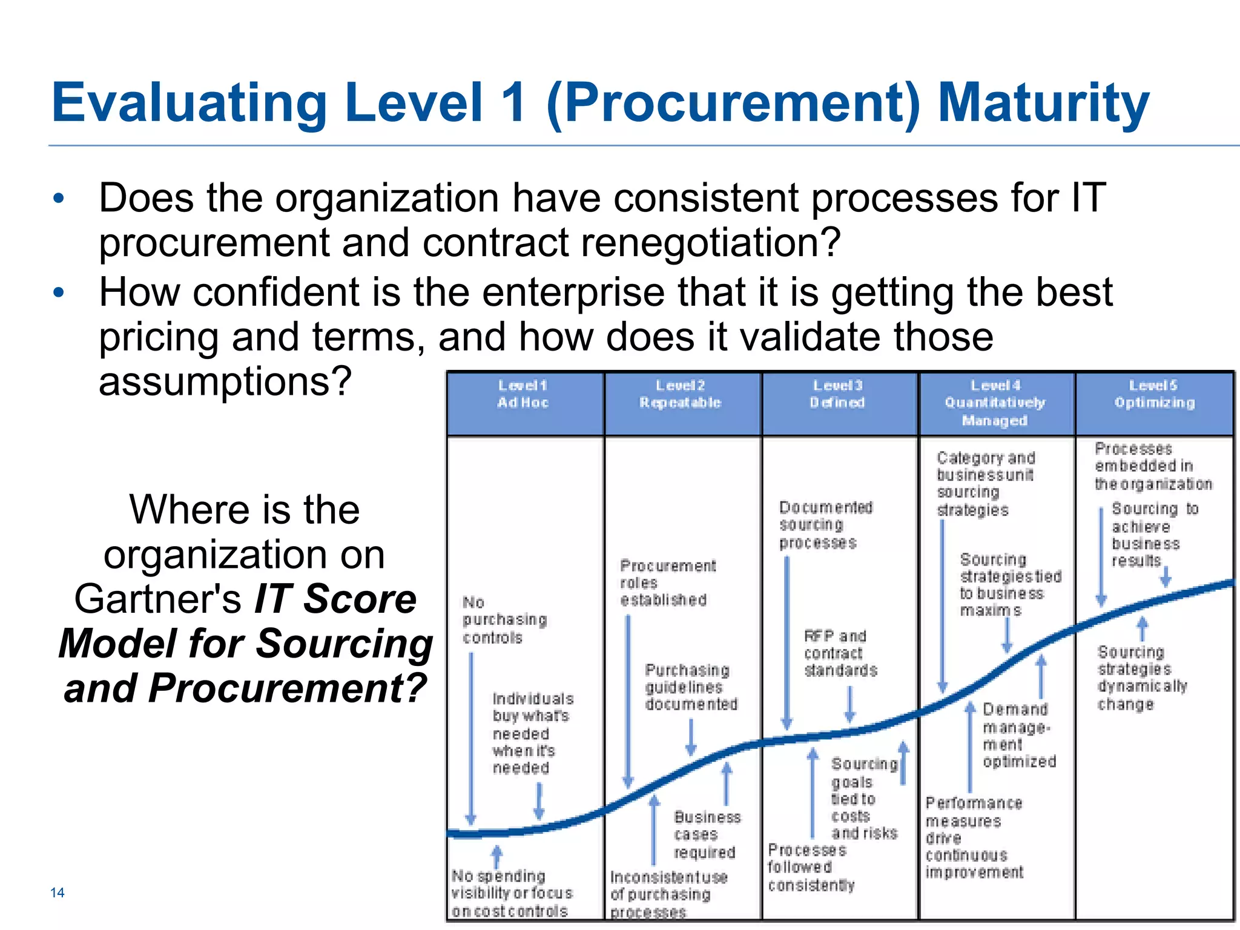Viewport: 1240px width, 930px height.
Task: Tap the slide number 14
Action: tap(58, 892)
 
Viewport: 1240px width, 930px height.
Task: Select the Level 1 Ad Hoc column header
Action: tap(523, 394)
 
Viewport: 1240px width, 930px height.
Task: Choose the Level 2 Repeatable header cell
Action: tap(681, 394)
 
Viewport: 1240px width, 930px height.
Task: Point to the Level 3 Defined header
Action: tap(838, 394)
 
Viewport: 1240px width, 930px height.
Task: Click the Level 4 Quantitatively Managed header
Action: tap(995, 403)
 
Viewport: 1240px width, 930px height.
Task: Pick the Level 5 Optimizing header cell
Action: tap(1154, 394)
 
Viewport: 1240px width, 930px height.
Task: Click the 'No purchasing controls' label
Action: tap(504, 620)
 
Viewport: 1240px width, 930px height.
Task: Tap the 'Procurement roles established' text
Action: tap(667, 583)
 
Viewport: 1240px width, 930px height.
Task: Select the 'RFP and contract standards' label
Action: tap(840, 653)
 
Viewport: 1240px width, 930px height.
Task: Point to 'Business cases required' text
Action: tap(707, 835)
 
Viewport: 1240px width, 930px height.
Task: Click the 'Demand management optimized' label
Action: tap(1019, 735)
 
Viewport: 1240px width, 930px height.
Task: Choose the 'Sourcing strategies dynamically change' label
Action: tap(1141, 678)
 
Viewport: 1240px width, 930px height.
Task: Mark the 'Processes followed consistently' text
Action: tap(810, 868)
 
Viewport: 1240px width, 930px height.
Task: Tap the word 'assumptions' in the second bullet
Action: tap(225, 381)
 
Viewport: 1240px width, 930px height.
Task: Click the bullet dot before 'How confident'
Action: tap(59, 293)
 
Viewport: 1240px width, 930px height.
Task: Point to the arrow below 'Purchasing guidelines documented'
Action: tap(691, 738)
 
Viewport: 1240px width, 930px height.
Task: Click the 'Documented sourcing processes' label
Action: tap(825, 524)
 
